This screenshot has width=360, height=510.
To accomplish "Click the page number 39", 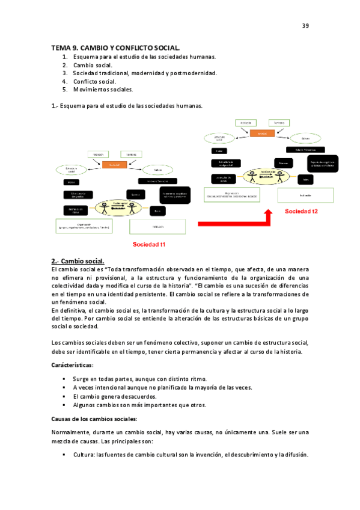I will point(305,26).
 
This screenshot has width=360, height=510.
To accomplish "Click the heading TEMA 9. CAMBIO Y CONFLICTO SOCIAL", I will point(115,47).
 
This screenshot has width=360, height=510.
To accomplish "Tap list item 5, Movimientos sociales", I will point(103,90).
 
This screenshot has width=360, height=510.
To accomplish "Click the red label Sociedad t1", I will point(149,245).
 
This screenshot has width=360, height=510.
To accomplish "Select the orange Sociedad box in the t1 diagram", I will point(114,164).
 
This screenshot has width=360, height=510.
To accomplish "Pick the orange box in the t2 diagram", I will point(261,134).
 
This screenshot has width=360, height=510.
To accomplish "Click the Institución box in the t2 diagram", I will point(305,195).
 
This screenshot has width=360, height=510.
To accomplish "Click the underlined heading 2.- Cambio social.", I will point(78,261).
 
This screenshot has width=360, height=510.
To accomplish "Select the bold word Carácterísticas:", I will point(72,365).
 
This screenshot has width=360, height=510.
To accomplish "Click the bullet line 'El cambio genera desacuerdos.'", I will point(115,397).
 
